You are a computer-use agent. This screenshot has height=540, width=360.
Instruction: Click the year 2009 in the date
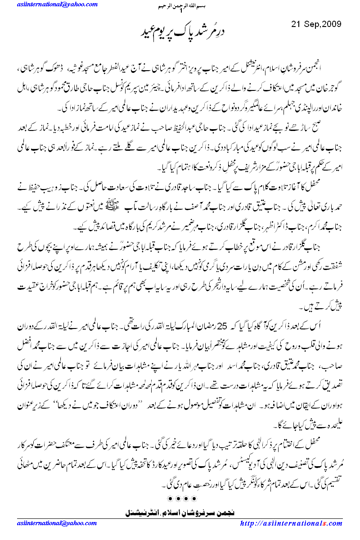click(x=331, y=23)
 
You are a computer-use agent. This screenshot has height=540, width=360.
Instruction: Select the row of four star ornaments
click(x=180, y=499)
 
